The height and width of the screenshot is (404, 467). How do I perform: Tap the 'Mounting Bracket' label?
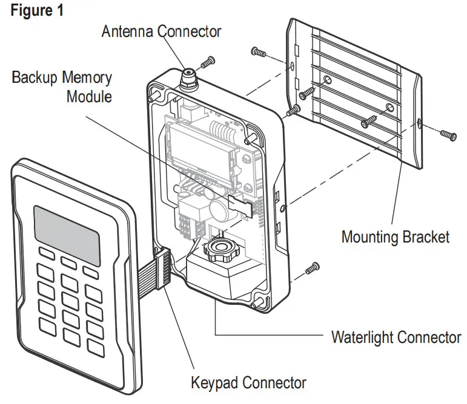[x=395, y=236]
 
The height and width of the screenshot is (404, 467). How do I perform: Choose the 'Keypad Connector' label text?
[x=248, y=383]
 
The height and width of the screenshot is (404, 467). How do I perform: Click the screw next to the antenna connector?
[x=208, y=60]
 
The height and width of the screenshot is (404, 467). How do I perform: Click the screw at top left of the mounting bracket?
[x=259, y=53]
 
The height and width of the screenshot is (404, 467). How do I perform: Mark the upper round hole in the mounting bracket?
[x=327, y=80]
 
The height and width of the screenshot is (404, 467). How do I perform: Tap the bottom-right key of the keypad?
[x=95, y=348]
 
